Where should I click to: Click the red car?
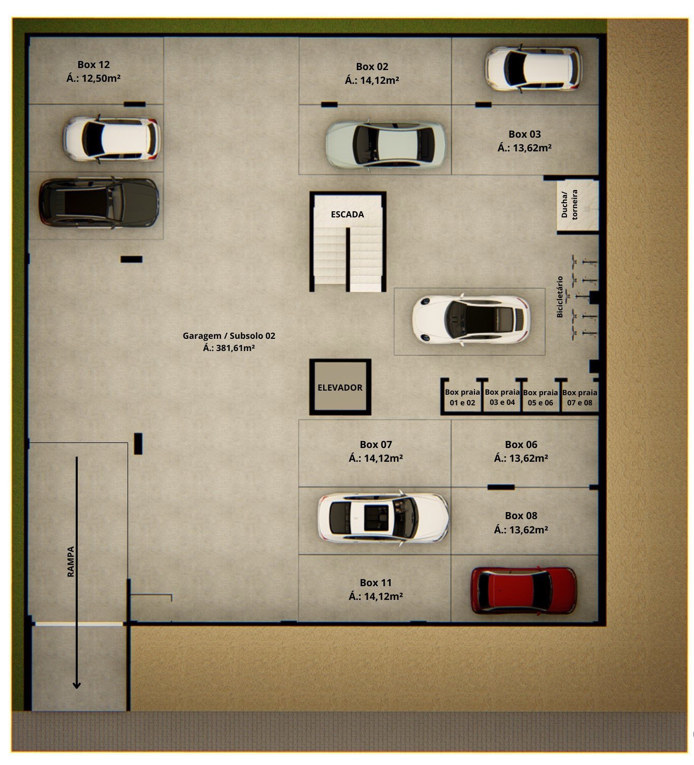(523, 591)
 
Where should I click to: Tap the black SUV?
(99, 202)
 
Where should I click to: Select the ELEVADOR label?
(340, 388)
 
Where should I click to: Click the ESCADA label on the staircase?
(347, 214)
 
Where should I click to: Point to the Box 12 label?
(93, 65)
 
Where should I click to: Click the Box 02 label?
(372, 67)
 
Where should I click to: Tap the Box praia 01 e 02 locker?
(462, 397)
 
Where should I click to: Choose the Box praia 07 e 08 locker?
(580, 397)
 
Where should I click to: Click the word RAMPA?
(71, 562)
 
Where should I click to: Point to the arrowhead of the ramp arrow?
(77, 685)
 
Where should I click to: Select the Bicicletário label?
(560, 297)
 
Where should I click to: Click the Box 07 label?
(376, 444)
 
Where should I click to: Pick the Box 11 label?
(376, 582)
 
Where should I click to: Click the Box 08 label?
(521, 516)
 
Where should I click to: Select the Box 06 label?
(521, 444)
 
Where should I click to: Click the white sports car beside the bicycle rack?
(471, 319)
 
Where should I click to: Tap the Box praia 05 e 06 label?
(540, 397)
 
